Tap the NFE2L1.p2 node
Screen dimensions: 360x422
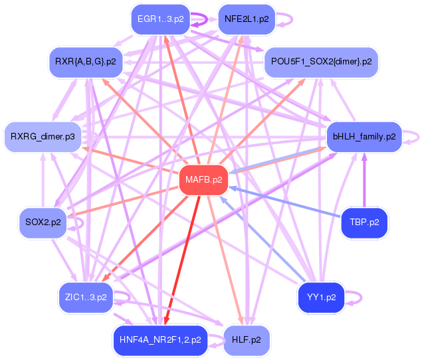click(x=247, y=19)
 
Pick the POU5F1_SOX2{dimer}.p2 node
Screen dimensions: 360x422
click(x=322, y=62)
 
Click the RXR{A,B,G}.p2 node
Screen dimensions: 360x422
click(x=85, y=62)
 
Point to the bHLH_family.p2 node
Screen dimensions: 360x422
click(x=364, y=137)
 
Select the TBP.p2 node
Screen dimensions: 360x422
click(x=364, y=223)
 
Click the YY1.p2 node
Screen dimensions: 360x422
click(x=322, y=297)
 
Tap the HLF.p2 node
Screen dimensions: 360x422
click(x=247, y=339)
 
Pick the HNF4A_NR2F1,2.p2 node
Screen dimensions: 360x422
click(x=160, y=339)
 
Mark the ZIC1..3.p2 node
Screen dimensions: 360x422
click(x=85, y=297)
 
